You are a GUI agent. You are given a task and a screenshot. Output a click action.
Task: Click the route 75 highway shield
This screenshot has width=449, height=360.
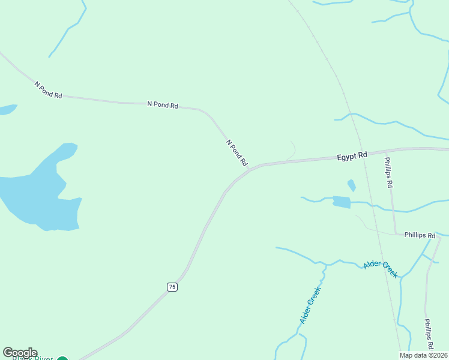172,287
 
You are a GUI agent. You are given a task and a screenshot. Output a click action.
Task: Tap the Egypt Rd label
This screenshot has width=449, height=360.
352,156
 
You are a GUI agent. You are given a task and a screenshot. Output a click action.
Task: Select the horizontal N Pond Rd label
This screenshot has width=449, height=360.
163,105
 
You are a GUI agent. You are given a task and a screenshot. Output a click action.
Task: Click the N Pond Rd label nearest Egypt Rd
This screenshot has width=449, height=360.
237,152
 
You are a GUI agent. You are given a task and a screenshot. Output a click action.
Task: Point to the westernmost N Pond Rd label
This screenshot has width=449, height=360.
48,91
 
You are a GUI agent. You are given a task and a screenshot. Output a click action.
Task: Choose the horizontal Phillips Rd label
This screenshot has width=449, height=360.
420,235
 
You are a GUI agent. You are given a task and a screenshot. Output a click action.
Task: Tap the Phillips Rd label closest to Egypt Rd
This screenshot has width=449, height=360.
388,173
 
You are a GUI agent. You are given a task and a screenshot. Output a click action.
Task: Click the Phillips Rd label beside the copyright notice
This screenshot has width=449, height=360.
429,334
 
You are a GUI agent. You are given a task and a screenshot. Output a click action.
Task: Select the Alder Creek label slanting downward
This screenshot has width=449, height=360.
381,268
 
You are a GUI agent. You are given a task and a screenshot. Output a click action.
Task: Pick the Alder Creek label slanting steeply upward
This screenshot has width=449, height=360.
311,305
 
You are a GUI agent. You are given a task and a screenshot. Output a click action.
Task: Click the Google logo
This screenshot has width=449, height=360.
20,353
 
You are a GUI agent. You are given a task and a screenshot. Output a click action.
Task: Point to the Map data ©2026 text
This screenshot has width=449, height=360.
423,355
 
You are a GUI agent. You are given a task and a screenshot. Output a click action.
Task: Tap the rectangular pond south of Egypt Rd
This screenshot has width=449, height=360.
341,202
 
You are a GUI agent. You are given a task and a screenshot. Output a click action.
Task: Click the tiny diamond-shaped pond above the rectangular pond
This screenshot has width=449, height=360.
351,185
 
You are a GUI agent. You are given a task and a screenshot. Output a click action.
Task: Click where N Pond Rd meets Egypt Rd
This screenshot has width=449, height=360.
249,170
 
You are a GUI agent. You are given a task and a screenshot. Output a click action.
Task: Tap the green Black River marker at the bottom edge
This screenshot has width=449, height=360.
62,359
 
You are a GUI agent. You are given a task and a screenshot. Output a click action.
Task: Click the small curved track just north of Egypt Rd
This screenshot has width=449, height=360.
292,150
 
